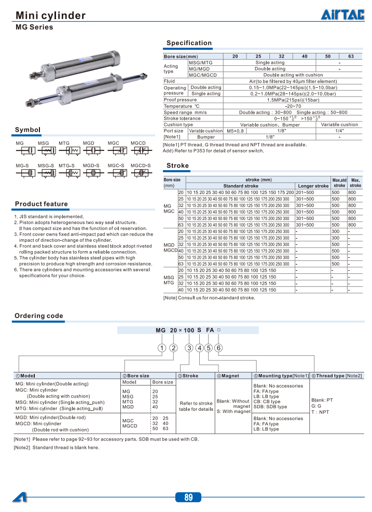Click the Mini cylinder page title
coord(50,16)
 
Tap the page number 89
coord(188,497)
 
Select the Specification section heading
coord(189,43)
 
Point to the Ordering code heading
coord(39,316)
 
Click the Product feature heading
coord(42,204)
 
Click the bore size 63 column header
coord(351,56)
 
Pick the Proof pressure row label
coord(181,100)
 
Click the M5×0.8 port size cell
coord(235,131)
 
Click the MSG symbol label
coord(43,143)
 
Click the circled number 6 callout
coord(219,348)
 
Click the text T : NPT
coord(320,412)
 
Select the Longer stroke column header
coord(313,186)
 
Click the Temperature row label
coord(178,106)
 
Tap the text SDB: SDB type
coord(270,407)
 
